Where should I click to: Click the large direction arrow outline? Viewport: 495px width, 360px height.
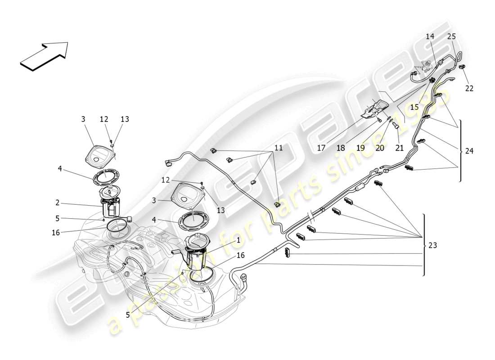pyautogui.click(x=44, y=56)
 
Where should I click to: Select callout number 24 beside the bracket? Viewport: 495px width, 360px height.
pyautogui.click(x=469, y=151)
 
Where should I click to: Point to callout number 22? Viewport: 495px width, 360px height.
pyautogui.click(x=469, y=88)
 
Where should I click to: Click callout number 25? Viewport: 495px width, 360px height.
pyautogui.click(x=451, y=36)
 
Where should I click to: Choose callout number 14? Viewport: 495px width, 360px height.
pyautogui.click(x=430, y=36)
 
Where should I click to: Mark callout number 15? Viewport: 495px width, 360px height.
pyautogui.click(x=414, y=107)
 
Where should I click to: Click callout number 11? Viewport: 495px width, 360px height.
pyautogui.click(x=279, y=147)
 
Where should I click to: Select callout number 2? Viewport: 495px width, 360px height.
pyautogui.click(x=57, y=203)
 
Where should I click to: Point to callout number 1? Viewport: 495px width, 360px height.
pyautogui.click(x=238, y=240)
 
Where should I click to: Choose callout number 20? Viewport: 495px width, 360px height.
pyautogui.click(x=380, y=147)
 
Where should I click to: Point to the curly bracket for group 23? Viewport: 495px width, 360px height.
pyautogui.click(x=425, y=245)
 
